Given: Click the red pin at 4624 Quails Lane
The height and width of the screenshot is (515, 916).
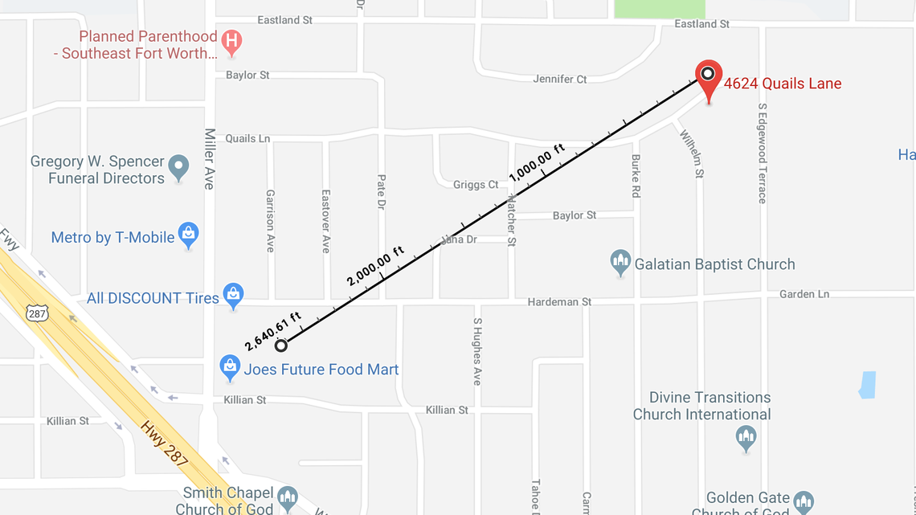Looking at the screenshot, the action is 709,77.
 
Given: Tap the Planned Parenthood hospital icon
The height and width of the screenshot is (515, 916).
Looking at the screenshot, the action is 232,41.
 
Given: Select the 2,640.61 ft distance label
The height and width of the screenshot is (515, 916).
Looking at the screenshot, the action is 273,331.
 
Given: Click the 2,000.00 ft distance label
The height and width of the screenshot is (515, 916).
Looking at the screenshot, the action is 375,266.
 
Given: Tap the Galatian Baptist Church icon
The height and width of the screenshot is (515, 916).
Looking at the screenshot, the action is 620,262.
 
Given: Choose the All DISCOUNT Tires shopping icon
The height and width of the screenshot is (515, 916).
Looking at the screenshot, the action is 233,296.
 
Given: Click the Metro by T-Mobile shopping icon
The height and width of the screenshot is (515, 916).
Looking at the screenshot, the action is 188,235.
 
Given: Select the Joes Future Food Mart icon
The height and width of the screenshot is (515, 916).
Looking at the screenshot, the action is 230,368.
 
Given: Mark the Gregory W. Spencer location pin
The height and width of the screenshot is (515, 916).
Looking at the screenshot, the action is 178,168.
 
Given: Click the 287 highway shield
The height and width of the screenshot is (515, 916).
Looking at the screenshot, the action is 37,313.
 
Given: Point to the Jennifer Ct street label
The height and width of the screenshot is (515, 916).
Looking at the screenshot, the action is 560,79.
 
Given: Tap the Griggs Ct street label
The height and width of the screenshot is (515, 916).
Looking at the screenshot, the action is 476,185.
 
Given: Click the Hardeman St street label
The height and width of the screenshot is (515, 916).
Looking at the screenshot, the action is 559,302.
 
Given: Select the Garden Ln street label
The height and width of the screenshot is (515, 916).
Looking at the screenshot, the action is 804,295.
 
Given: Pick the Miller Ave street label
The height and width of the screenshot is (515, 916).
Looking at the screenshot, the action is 209,158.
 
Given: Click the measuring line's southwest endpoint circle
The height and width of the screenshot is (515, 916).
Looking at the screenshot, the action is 280,345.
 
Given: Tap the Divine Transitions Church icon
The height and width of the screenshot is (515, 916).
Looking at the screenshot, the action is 746,438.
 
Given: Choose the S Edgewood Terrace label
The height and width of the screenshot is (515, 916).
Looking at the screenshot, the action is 762,153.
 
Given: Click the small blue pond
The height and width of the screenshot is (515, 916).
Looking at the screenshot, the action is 867,385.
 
